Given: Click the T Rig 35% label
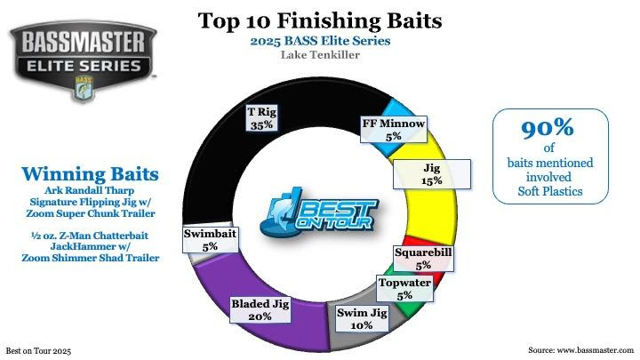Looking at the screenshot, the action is click(x=261, y=118).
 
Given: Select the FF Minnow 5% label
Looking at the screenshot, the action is click(x=394, y=130).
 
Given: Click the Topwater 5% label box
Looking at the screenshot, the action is click(x=404, y=289).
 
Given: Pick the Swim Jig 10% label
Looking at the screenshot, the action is click(x=362, y=319).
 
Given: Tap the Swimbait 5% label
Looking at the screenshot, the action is click(x=210, y=239).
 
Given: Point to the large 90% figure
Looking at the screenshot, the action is click(x=548, y=128).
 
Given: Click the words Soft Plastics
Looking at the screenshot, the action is click(x=550, y=191).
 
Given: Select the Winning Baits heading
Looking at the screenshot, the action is click(x=90, y=174).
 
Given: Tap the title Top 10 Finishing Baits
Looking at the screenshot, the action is click(x=320, y=20).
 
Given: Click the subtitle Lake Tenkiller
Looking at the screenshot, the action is click(x=320, y=55).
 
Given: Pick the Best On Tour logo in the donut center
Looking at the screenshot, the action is click(x=318, y=214).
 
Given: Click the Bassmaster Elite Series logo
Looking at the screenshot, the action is click(x=84, y=60).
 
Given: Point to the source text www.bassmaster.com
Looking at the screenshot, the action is click(x=595, y=350).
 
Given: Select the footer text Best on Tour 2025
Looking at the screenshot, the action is click(x=38, y=351).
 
